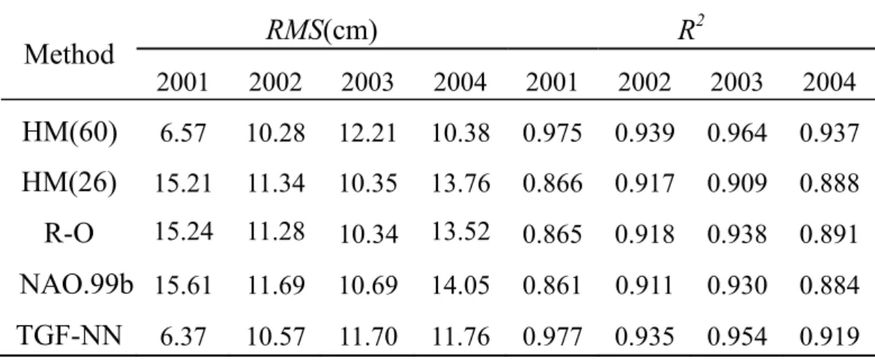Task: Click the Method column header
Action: (69, 55)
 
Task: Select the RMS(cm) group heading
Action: (322, 29)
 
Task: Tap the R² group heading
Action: (691, 28)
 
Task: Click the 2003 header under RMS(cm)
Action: (367, 83)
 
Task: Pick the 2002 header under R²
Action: (644, 83)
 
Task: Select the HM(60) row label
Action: (70, 133)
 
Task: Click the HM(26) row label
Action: (70, 183)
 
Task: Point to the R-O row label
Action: (69, 233)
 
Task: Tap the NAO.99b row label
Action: (76, 285)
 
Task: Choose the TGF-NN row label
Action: (69, 335)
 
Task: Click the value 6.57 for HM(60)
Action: (183, 134)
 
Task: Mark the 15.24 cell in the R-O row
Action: (183, 230)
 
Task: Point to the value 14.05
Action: (460, 285)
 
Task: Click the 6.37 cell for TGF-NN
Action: (183, 337)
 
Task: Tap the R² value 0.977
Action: (552, 337)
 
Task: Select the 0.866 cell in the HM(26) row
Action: (552, 184)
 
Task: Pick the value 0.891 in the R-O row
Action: (829, 235)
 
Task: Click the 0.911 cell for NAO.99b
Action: (644, 285)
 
